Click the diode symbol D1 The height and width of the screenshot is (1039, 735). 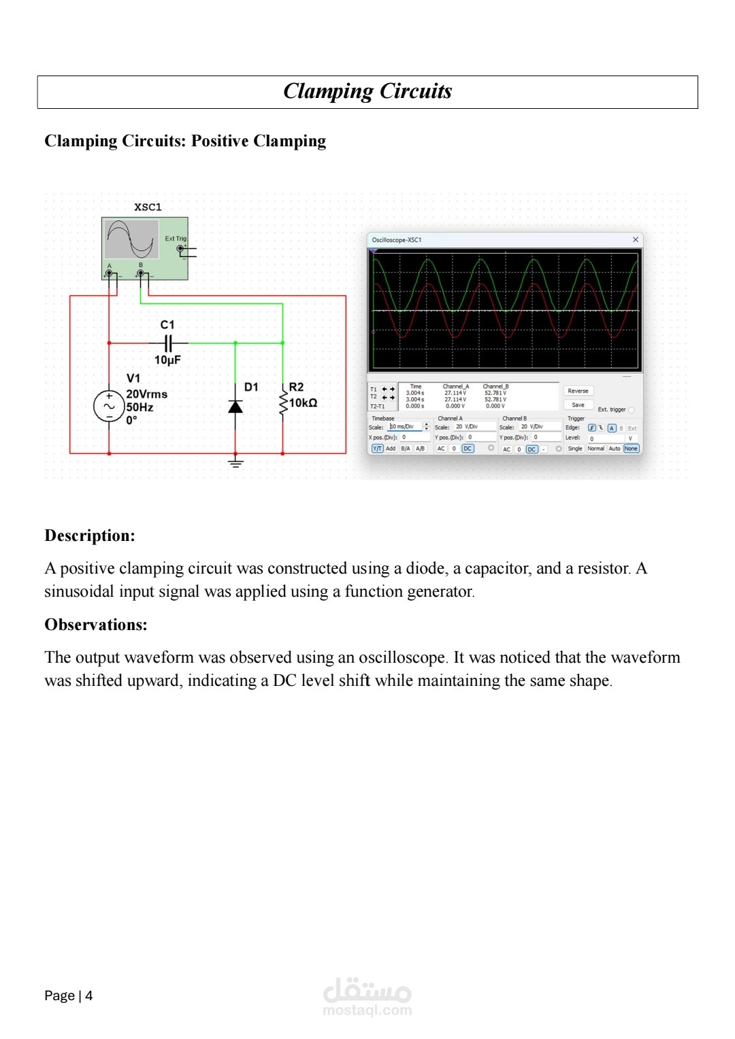coord(235,406)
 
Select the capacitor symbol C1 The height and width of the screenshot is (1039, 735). coord(168,343)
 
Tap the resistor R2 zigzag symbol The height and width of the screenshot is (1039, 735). coord(283,403)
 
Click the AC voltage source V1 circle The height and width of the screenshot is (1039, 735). coord(109,406)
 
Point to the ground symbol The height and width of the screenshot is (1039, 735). coord(235,463)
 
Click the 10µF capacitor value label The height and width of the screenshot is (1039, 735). coord(167,360)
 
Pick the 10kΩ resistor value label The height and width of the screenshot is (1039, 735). coord(304,403)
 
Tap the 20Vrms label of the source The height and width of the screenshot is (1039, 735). coord(146,394)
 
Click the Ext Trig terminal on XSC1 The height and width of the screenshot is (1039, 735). coord(180,249)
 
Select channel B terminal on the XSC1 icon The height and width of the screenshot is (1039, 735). coord(141,274)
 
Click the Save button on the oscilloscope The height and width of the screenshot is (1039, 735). coord(578,405)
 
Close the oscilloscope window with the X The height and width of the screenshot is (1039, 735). coord(636,240)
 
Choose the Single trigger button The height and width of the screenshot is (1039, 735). coord(575,448)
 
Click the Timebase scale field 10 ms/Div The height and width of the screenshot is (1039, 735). coord(406,427)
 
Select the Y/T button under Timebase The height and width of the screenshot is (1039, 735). coord(377,448)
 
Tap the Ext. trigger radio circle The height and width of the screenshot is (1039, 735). coord(632,410)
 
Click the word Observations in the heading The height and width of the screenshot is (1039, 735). coord(95,625)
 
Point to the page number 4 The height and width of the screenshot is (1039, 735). coord(88,995)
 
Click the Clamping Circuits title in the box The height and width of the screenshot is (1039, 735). coord(367,91)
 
